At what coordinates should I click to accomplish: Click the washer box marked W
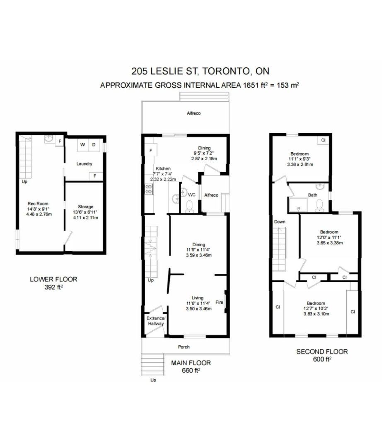(83, 145)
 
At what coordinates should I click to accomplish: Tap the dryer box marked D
(94, 145)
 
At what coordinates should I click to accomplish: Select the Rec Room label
(38, 203)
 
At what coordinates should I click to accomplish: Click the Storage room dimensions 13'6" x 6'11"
(85, 212)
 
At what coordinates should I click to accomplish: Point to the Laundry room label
(84, 164)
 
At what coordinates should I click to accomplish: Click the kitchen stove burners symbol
(148, 189)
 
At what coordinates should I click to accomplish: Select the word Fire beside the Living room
(219, 302)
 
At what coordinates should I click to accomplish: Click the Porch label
(184, 347)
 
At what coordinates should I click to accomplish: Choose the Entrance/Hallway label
(156, 321)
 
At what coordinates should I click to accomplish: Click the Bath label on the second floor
(312, 195)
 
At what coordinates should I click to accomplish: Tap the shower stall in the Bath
(298, 205)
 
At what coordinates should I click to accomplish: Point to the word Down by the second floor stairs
(280, 222)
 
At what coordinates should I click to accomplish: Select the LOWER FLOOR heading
(53, 279)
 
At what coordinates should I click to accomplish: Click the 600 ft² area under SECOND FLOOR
(322, 359)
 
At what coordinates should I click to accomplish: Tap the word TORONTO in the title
(226, 71)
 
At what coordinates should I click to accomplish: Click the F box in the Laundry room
(95, 176)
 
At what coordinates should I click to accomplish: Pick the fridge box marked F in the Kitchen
(151, 150)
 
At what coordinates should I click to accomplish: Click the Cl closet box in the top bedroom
(323, 140)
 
